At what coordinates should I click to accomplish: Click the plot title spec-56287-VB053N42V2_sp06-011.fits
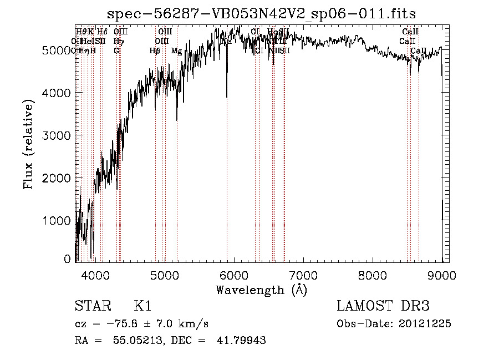pyautogui.click(x=261, y=13)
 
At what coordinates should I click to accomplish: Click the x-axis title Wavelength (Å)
pyautogui.click(x=261, y=290)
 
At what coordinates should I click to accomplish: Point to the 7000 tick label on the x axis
pyautogui.click(x=303, y=275)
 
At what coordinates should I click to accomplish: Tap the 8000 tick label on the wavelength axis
pyautogui.click(x=372, y=275)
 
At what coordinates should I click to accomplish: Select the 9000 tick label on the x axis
pyautogui.click(x=441, y=275)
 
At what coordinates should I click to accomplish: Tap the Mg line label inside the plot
pyautogui.click(x=176, y=51)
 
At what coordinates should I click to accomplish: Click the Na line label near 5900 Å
pyautogui.click(x=226, y=41)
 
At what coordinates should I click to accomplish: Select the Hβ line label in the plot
pyautogui.click(x=155, y=51)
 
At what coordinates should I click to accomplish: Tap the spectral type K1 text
pyautogui.click(x=142, y=306)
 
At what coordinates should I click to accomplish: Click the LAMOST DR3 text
pyautogui.click(x=383, y=306)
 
